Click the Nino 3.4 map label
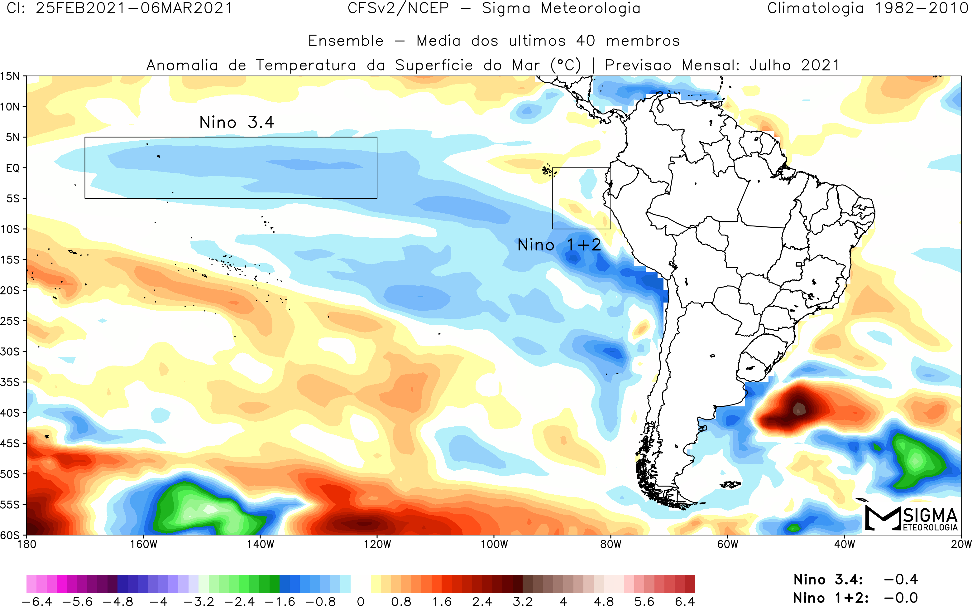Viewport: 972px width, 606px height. click(237, 122)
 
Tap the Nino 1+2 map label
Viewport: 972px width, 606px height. click(559, 245)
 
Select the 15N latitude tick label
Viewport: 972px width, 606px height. click(10, 76)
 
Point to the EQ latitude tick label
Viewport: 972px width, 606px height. click(13, 168)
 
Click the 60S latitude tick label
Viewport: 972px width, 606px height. click(10, 535)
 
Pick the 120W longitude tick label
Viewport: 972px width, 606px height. click(377, 544)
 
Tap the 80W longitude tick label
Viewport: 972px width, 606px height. click(611, 544)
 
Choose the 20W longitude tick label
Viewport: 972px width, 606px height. click(961, 544)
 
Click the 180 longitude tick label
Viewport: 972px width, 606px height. click(27, 544)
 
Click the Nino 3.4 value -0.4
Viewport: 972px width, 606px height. click(901, 579)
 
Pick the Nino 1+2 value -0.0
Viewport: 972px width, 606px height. click(901, 598)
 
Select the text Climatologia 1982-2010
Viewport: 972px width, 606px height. click(868, 8)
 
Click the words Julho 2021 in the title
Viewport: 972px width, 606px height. click(794, 65)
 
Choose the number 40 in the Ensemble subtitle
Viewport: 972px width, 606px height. click(586, 41)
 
